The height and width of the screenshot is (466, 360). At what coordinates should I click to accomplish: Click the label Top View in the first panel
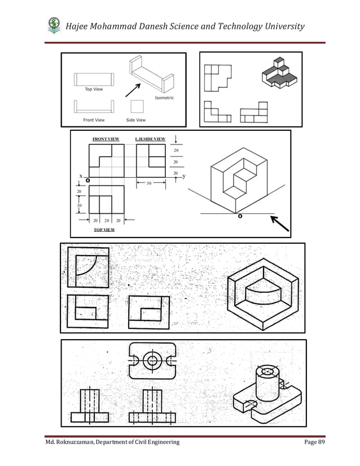click(93, 89)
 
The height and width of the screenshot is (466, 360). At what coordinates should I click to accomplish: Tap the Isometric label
click(164, 98)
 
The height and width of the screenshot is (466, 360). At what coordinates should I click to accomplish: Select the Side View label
click(136, 120)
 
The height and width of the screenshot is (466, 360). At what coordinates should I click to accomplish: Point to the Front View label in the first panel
click(94, 120)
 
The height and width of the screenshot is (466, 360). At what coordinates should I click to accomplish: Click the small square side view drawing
click(137, 106)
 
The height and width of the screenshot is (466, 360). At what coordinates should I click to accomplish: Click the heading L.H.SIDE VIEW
click(150, 139)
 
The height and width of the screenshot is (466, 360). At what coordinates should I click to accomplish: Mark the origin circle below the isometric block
click(240, 215)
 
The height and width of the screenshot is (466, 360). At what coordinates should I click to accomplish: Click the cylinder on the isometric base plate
click(267, 383)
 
